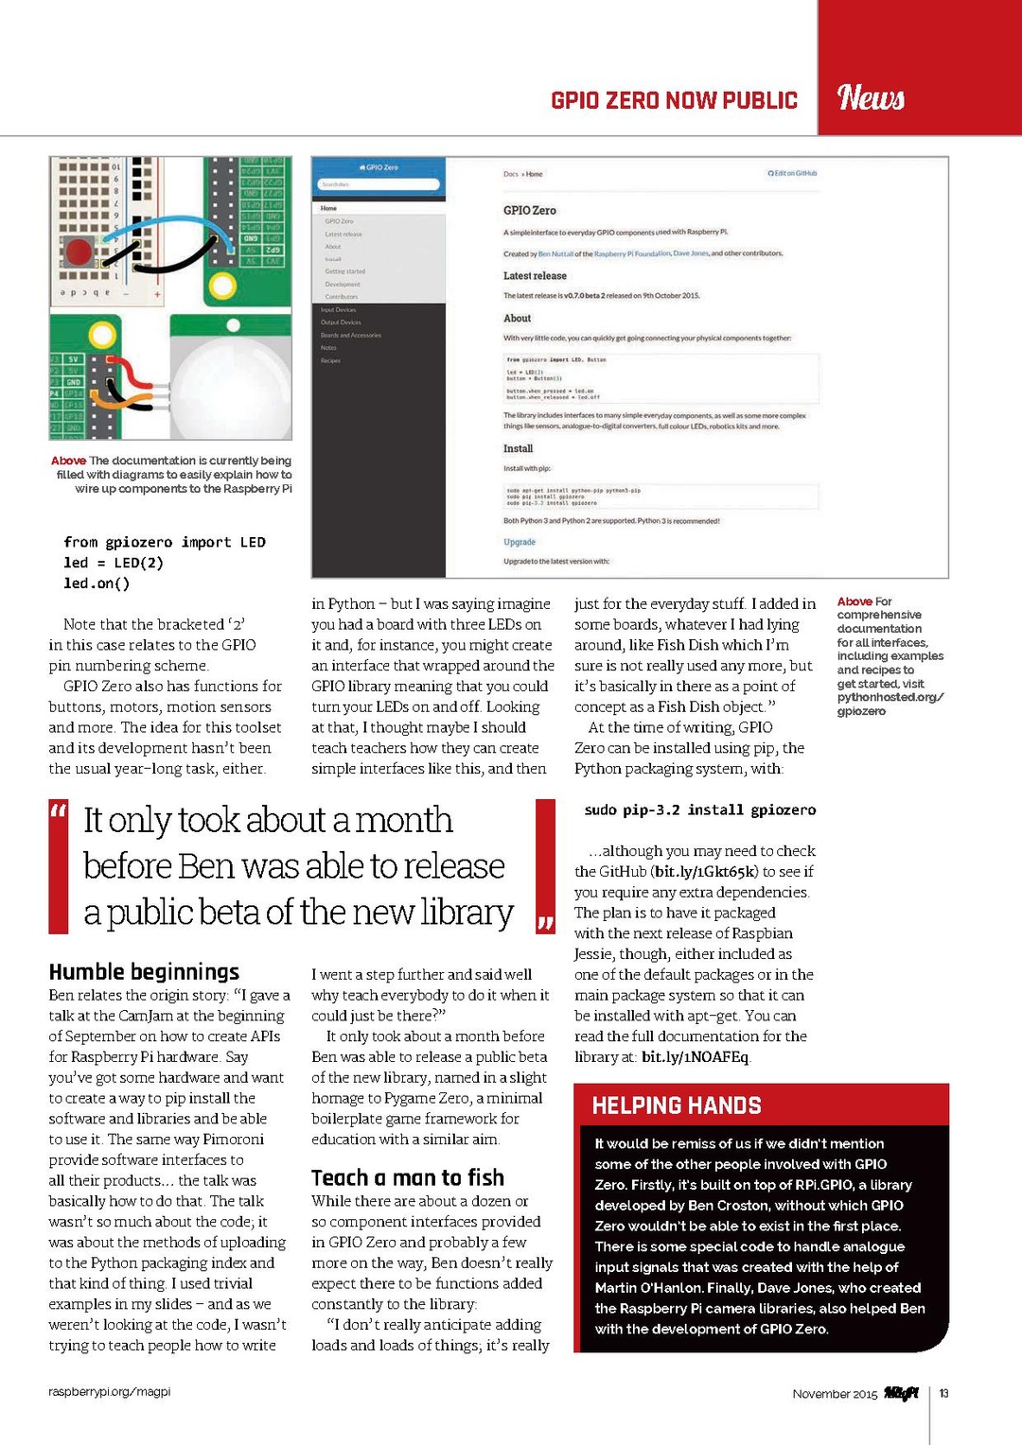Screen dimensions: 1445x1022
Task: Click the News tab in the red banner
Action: [872, 96]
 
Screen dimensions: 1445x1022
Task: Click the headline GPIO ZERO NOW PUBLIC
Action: [674, 100]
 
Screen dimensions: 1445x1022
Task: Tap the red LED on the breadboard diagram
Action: [78, 251]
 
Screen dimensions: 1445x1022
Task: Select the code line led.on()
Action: [97, 583]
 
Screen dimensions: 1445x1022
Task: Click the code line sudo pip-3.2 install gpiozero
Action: [699, 810]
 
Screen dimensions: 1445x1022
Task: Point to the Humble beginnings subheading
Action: [144, 972]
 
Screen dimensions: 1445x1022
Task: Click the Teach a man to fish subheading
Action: [408, 1177]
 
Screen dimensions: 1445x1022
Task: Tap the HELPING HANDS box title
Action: [676, 1106]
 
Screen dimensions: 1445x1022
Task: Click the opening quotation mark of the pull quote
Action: [59, 811]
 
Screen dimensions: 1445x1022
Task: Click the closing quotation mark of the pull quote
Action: [545, 922]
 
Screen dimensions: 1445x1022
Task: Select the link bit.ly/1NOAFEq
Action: [695, 1057]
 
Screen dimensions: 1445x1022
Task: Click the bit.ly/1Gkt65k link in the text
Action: [706, 872]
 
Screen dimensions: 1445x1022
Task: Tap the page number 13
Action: [943, 1393]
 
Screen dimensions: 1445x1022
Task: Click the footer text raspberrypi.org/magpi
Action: [110, 1392]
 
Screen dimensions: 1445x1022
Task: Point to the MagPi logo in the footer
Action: [901, 1393]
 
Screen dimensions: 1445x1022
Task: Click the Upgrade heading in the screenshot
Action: [520, 542]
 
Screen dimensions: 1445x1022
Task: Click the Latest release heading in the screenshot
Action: [535, 276]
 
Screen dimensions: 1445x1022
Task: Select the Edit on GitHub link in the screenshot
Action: [792, 174]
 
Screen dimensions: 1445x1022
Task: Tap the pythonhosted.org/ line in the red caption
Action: [890, 697]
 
